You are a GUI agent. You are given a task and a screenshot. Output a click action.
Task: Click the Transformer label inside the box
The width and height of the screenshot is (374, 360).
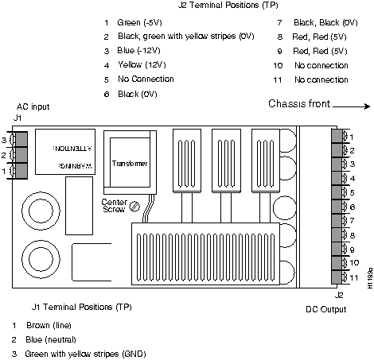(130, 164)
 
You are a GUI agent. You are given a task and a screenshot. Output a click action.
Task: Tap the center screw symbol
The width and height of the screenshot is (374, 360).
(134, 207)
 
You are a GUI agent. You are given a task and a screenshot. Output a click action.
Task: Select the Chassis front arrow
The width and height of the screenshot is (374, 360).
(351, 106)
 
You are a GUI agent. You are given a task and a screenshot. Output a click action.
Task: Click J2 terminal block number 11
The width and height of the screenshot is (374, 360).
(337, 277)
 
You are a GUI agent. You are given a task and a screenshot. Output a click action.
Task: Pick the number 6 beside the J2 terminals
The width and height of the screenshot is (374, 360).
(353, 207)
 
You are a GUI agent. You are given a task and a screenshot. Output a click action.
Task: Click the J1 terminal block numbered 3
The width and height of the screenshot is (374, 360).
(21, 139)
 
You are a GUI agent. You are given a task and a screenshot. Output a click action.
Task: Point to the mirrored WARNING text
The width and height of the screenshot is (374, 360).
(75, 166)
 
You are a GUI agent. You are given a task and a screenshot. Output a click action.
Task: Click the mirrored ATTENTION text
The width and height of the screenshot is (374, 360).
(72, 148)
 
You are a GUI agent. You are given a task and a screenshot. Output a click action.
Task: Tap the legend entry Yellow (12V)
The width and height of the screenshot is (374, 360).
(142, 64)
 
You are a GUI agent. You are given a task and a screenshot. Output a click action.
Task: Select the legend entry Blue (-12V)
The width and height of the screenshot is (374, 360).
(138, 50)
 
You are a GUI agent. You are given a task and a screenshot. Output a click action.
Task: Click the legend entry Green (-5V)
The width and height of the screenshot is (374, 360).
(139, 22)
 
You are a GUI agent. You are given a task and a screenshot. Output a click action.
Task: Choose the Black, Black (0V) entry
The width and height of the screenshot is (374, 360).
(325, 22)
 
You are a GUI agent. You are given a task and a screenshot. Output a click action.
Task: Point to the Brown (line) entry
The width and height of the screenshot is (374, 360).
(49, 325)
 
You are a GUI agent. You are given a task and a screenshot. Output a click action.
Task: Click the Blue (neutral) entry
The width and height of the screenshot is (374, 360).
(51, 339)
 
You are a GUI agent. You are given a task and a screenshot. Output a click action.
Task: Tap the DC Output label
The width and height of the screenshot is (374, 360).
(326, 309)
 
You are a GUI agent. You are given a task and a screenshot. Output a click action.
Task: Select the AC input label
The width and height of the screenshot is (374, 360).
(33, 106)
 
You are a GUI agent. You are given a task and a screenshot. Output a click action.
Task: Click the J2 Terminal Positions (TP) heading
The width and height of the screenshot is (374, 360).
(228, 5)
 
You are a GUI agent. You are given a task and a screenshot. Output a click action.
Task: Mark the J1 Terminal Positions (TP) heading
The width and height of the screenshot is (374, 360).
(82, 307)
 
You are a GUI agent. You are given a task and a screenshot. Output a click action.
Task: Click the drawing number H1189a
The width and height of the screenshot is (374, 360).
(370, 278)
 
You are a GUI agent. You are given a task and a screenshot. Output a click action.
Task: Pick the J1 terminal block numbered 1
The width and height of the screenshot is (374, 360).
(21, 171)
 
